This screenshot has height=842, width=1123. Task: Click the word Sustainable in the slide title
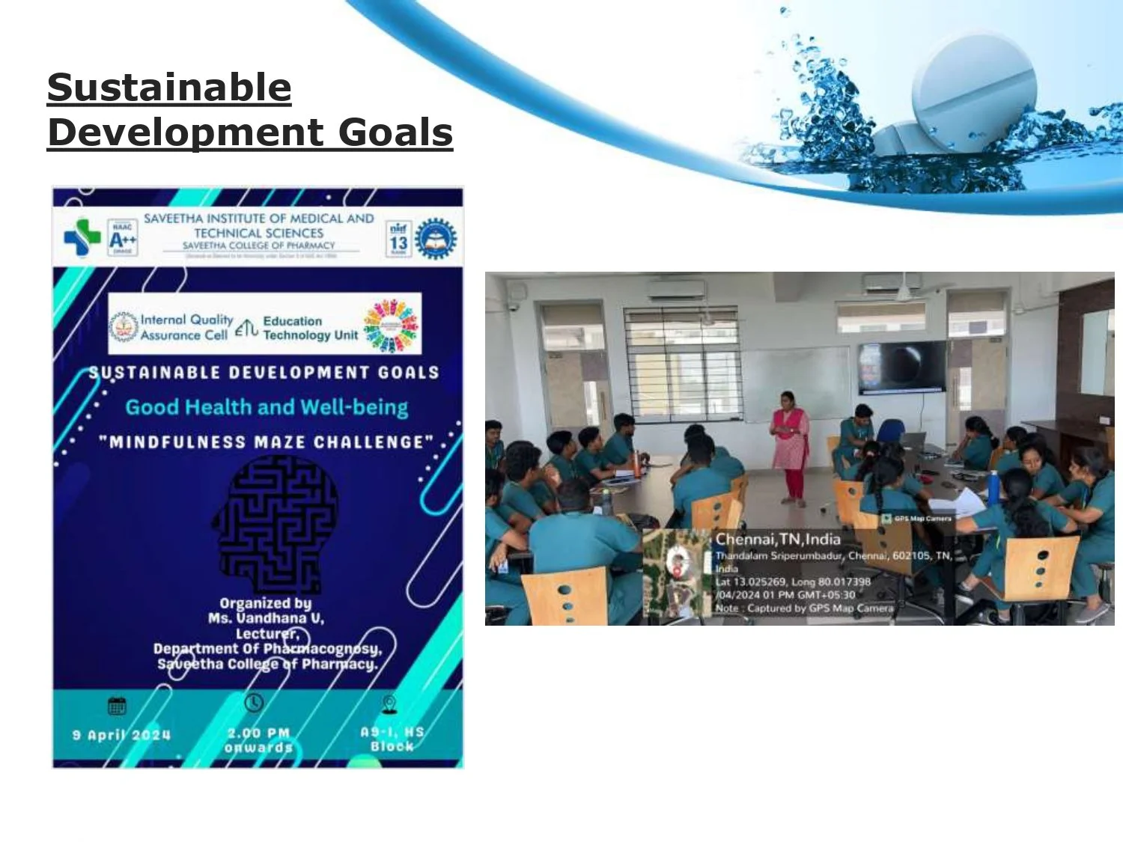tap(169, 88)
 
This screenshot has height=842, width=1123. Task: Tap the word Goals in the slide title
tap(395, 132)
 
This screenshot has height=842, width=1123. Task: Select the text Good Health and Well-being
tap(267, 407)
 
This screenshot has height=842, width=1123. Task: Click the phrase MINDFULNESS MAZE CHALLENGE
tap(267, 442)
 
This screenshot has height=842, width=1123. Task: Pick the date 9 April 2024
tap(121, 735)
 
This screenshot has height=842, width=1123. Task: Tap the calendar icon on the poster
tap(118, 705)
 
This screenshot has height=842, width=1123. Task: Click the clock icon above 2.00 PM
tap(254, 703)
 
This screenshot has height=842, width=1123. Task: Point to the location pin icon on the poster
tap(389, 704)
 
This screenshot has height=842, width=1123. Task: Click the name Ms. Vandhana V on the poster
tap(266, 618)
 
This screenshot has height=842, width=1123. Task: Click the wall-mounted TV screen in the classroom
tap(901, 367)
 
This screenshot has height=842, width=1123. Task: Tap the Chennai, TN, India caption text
tap(778, 539)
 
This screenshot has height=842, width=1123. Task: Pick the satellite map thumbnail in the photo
tap(677, 573)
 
